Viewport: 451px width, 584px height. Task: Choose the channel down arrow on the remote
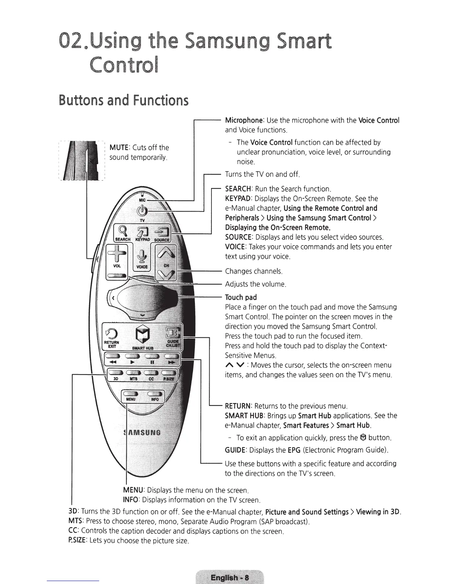coord(166,274)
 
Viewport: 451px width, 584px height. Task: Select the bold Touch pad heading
coord(241,298)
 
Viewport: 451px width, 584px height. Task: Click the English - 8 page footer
coord(230,577)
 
